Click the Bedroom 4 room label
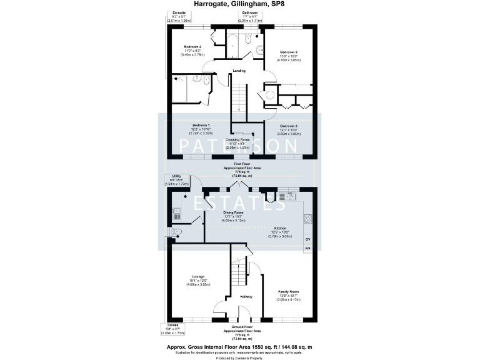(x=191, y=47)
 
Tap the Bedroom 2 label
(x=287, y=52)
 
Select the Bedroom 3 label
(x=288, y=126)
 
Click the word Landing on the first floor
(x=239, y=71)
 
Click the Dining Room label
(x=233, y=212)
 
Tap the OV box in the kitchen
(x=307, y=239)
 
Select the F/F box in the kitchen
(x=307, y=249)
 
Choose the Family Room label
(x=289, y=292)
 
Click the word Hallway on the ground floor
(x=246, y=296)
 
